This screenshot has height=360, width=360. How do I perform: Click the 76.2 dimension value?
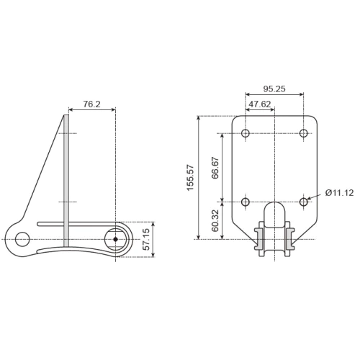(91, 104)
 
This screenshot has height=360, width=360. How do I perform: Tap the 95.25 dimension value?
(274, 89)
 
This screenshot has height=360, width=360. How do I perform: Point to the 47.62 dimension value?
(259, 104)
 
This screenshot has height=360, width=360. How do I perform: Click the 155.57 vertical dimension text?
(191, 177)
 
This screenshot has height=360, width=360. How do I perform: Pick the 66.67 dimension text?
(215, 167)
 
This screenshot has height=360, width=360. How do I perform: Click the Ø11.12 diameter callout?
(338, 193)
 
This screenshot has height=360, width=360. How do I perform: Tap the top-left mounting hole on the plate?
(246, 133)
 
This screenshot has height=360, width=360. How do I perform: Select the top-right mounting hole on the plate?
(304, 133)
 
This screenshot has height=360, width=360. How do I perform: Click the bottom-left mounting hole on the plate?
(246, 202)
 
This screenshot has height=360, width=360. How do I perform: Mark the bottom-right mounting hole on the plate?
(304, 202)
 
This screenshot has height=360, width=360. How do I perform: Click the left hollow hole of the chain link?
(22, 239)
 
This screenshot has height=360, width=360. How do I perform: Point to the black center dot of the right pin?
(115, 239)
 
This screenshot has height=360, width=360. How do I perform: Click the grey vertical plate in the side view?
(68, 180)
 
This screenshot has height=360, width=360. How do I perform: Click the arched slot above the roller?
(275, 214)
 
